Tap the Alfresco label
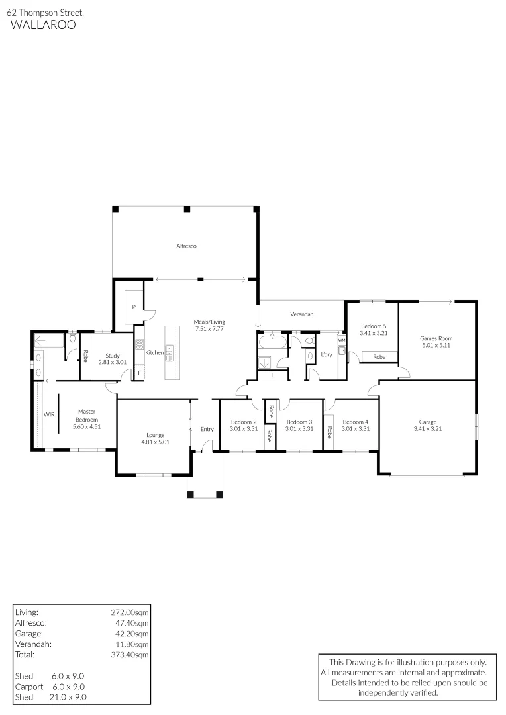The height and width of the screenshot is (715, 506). [186, 246]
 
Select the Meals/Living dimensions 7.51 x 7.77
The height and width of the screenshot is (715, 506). [209, 328]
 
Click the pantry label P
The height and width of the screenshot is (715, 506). [133, 307]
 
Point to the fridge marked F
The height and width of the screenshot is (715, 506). [139, 373]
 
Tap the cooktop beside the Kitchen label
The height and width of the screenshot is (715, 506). [140, 344]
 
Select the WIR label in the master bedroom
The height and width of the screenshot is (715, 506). [49, 414]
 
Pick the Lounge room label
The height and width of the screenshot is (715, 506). [155, 435]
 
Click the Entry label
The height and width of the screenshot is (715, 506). [207, 429]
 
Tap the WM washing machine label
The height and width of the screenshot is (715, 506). [342, 340]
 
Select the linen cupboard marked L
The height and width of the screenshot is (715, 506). [273, 376]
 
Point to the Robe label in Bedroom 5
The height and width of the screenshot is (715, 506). [379, 357]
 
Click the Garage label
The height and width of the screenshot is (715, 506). [428, 422]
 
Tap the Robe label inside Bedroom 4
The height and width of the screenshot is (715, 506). [329, 432]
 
